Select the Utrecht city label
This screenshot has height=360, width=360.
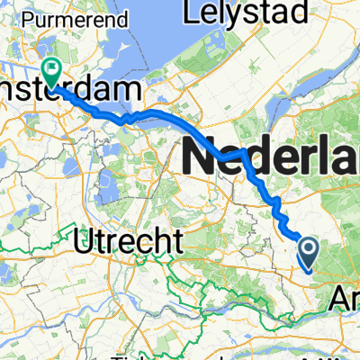pyautogui.click(x=139, y=239)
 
